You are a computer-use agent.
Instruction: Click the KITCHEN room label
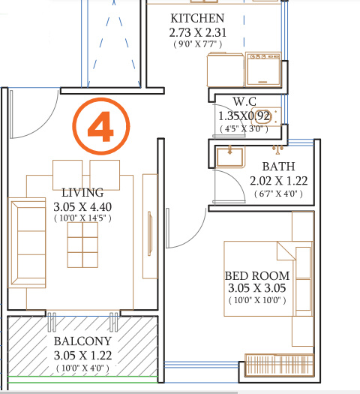(196, 17)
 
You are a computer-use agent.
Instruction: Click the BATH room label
(278, 167)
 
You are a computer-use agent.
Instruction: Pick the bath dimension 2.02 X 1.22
(278, 181)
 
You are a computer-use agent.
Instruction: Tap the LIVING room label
(82, 191)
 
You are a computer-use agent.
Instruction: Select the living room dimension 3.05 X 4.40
(82, 206)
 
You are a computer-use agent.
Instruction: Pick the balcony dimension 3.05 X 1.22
(82, 354)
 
